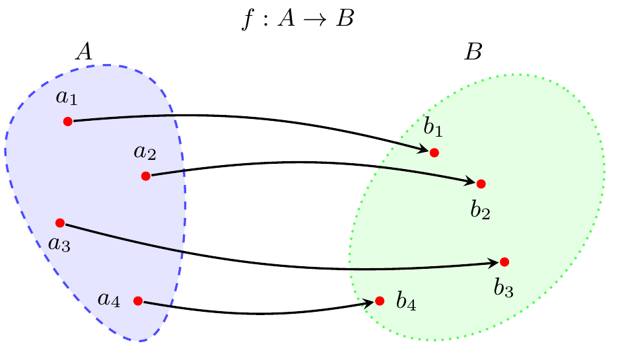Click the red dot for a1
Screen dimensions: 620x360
67,122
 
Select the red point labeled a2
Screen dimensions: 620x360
145,176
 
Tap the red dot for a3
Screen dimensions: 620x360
59,223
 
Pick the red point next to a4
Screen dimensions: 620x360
137,301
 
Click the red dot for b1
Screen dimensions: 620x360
434,153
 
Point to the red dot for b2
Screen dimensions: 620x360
481,184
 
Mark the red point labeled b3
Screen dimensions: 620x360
504,262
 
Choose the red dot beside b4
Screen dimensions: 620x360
380,301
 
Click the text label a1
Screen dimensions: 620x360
67,97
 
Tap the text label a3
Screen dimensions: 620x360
59,244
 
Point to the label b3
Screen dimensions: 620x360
504,287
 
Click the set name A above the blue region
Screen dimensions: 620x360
84,52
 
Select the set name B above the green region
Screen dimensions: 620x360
473,52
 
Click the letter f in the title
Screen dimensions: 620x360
248,19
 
